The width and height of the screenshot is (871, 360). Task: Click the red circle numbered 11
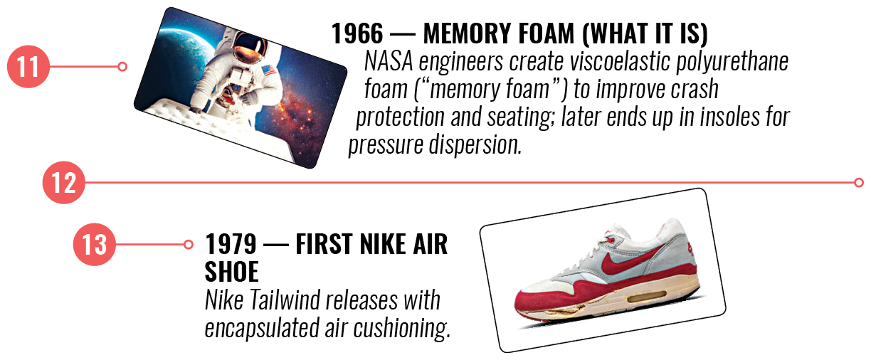[x=28, y=66]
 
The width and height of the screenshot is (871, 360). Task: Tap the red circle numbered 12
[x=64, y=182]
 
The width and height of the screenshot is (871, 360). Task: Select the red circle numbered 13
[x=95, y=244]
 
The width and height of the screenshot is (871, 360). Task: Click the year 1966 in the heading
[x=357, y=33]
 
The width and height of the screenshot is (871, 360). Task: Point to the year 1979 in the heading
[x=231, y=244]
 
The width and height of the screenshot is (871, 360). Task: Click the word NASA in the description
[x=389, y=61]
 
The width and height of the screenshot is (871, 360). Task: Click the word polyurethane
[x=732, y=62]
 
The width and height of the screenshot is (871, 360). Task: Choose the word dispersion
[x=475, y=145]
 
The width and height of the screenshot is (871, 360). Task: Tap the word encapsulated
[x=262, y=329]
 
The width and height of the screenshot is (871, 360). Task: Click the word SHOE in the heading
[x=232, y=272]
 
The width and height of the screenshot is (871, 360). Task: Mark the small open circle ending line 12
[x=859, y=182]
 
